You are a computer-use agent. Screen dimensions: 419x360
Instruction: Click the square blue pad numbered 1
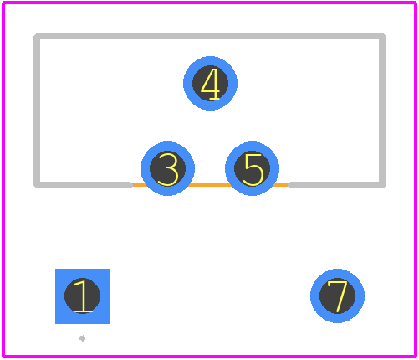coord(83,296)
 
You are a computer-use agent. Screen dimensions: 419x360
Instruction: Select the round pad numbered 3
coord(167,168)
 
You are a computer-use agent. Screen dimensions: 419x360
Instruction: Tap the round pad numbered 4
coord(210,83)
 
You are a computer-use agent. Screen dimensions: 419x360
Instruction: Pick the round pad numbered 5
coord(252,168)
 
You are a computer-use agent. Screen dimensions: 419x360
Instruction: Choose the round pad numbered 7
coord(337,296)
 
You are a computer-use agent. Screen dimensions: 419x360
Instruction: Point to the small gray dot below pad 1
coord(82,338)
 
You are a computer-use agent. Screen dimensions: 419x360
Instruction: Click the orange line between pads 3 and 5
coord(210,185)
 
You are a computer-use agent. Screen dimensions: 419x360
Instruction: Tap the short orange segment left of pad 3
coord(139,185)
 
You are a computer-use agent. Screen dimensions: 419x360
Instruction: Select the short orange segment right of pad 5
coord(281,185)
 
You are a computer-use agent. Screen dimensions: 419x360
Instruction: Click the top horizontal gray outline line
coord(210,36)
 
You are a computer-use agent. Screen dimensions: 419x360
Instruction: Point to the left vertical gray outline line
coord(37,111)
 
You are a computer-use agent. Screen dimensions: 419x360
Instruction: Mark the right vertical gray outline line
coord(382,111)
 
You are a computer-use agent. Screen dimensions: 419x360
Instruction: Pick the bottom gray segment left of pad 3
coord(83,185)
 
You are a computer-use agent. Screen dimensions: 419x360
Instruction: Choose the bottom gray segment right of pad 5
coord(337,185)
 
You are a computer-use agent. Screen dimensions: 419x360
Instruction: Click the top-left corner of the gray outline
coord(37,36)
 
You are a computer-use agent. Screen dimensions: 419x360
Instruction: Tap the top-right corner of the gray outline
coord(382,36)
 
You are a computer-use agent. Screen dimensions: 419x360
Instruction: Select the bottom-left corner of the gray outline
coord(37,185)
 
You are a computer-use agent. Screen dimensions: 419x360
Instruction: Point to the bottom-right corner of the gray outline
coord(382,185)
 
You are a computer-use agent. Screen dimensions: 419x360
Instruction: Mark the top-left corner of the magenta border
coord(3,3)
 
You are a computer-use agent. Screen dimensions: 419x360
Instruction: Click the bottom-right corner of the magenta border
coord(416,357)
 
